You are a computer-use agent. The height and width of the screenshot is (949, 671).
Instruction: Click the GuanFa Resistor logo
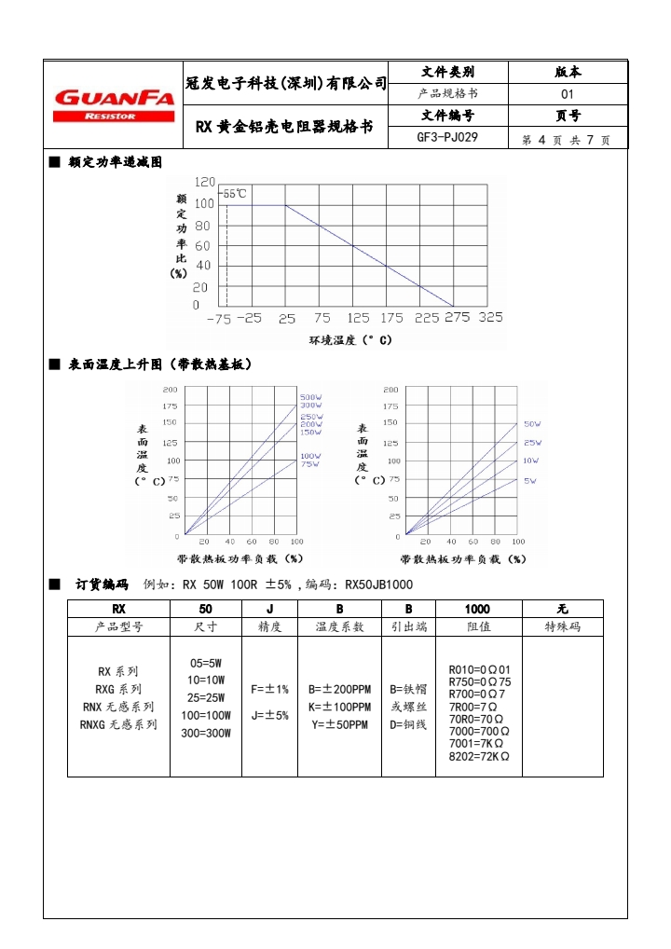pos(114,103)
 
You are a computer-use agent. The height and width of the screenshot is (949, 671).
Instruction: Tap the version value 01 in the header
pos(568,94)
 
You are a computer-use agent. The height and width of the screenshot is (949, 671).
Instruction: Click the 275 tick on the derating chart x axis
pos(456,318)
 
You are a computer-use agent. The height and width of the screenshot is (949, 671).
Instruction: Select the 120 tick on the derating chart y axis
pos(203,181)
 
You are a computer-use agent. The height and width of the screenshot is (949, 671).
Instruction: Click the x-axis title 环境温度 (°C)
pos(349,340)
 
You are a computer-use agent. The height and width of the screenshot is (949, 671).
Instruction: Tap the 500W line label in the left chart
pos(309,398)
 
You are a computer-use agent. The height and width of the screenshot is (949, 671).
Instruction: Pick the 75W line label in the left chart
pos(308,463)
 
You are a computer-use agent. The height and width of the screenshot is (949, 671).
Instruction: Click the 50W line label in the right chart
pos(531,424)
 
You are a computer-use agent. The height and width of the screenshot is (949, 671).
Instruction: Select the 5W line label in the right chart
pos(529,480)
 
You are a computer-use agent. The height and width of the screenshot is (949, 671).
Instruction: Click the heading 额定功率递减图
pos(116,161)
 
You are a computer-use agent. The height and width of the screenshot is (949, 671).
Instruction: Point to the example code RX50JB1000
pos(379,585)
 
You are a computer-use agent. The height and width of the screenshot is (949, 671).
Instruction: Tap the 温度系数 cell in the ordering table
pos(339,627)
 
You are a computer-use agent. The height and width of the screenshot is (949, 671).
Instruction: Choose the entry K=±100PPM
pos(339,707)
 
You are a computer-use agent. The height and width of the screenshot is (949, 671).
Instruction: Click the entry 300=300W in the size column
pos(205,733)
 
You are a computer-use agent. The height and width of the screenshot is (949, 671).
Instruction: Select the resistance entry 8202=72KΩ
pos(479,756)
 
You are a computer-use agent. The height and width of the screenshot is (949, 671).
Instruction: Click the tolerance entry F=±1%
pos(270,689)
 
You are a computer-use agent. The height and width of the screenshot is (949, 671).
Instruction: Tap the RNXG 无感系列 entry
pos(118,723)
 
